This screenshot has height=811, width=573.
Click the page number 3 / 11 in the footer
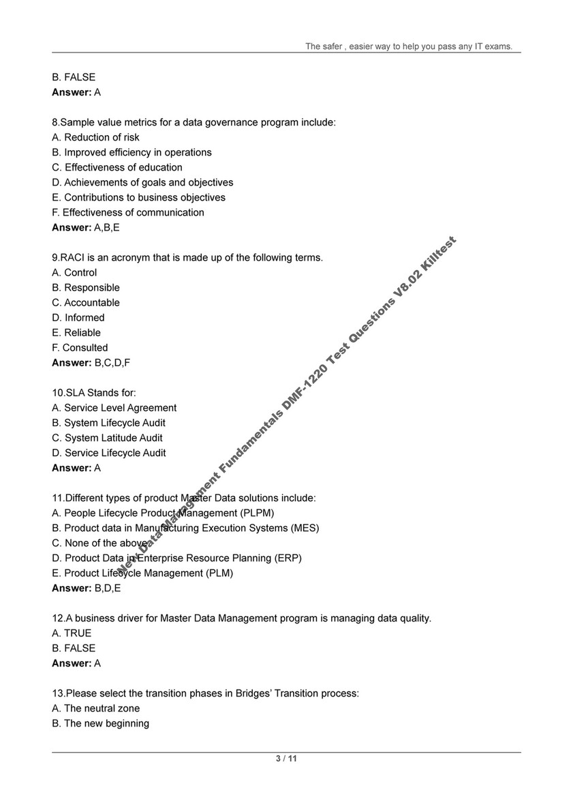pos(286,758)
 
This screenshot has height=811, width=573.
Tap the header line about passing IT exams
pos(408,46)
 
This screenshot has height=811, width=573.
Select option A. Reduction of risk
pos(95,137)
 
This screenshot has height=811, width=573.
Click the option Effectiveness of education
pos(117,167)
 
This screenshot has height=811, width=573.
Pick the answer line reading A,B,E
pos(86,227)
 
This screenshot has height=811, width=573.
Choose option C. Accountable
pos(86,302)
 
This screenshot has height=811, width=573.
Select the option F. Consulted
pos(80,347)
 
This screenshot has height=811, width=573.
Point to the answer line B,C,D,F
pos(91,362)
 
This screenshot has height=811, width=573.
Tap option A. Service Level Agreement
pos(114,407)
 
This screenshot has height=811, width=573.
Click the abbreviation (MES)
pos(305,527)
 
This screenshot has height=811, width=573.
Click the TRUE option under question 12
pos(72,632)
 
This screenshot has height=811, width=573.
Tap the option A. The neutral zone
pos(96,708)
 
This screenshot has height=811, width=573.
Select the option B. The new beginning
pos(100,723)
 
